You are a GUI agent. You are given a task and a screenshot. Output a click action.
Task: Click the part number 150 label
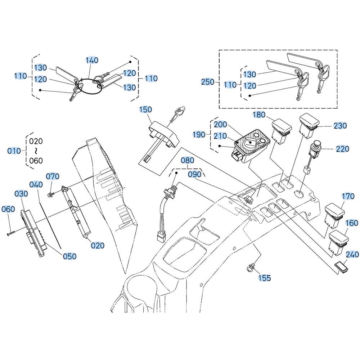[145, 109]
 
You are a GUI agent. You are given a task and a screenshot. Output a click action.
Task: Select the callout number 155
[265, 278]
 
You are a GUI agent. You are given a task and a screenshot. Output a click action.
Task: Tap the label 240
[352, 255]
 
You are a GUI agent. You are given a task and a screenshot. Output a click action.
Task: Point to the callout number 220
[342, 149]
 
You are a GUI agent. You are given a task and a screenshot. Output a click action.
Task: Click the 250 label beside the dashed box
[208, 82]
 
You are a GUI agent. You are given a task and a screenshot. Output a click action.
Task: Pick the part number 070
[53, 176]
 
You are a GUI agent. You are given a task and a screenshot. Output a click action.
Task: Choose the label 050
[69, 256]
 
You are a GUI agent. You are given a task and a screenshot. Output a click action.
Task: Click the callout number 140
[92, 60]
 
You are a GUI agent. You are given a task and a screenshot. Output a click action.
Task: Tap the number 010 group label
[14, 151]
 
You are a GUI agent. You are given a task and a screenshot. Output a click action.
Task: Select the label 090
[194, 175]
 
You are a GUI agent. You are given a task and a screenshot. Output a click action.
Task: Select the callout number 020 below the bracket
[98, 246]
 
